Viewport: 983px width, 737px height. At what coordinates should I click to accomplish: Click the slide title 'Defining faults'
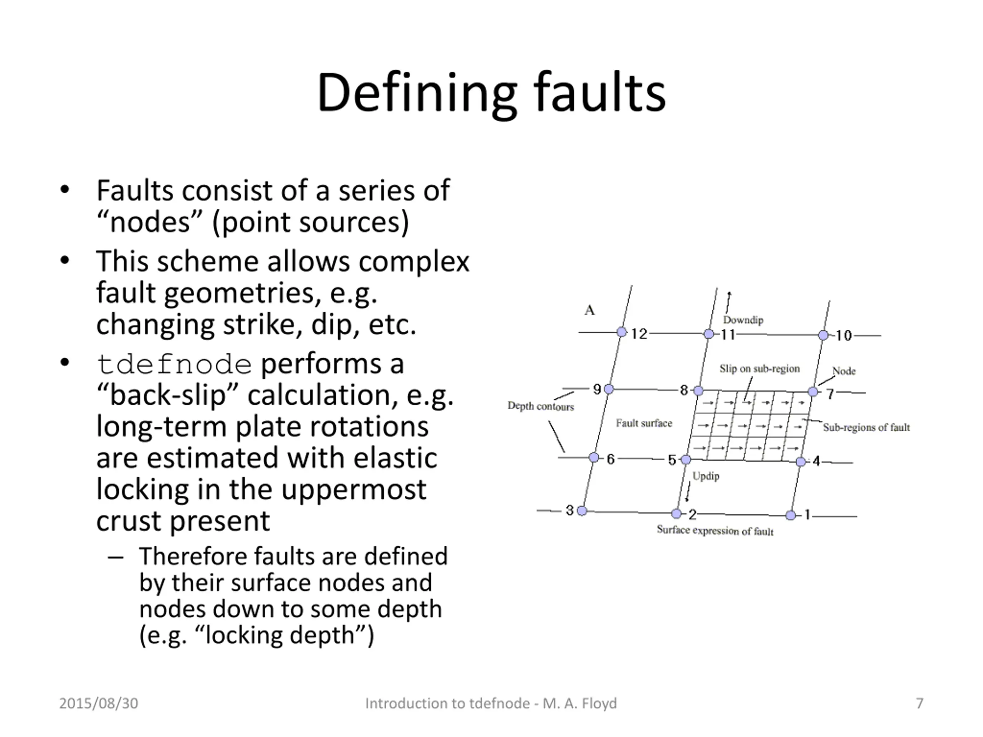491,93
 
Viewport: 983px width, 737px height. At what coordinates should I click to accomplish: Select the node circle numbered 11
709,334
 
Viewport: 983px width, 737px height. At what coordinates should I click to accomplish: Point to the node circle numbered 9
609,389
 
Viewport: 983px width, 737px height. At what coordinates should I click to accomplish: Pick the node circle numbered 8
698,390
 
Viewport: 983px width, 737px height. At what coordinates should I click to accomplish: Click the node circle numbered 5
686,459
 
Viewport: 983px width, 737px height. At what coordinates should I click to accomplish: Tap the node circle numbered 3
582,511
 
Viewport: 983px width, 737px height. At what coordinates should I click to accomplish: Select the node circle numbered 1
791,515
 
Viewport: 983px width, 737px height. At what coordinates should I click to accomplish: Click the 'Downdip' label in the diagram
743,320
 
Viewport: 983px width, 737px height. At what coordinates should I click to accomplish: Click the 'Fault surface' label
644,423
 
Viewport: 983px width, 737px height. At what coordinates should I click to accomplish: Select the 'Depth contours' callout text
540,406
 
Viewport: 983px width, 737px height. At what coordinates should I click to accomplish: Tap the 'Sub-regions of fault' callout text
866,427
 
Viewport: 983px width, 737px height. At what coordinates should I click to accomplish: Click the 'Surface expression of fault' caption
715,530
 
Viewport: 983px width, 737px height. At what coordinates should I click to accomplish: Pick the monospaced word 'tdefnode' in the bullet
174,365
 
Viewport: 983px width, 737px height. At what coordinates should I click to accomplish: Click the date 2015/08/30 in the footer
99,703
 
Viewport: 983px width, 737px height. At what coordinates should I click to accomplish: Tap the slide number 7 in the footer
920,703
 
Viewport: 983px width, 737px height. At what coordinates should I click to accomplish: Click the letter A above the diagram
589,310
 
